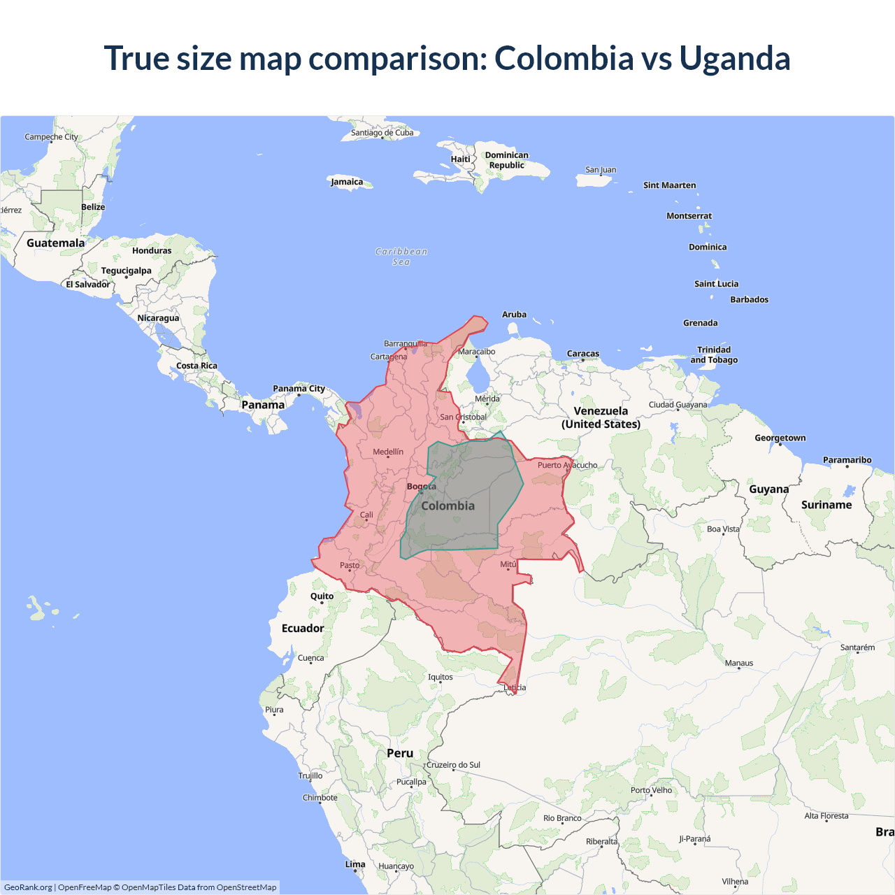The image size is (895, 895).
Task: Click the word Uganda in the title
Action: (734, 58)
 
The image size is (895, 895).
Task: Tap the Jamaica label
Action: (347, 182)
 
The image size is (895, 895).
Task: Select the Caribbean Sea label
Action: (401, 257)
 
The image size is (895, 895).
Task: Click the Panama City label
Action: (299, 389)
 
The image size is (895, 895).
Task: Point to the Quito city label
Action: (322, 596)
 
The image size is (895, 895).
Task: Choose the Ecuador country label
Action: (303, 628)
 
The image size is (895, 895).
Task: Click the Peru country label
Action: (400, 753)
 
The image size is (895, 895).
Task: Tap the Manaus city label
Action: (739, 663)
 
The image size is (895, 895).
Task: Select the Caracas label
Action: (583, 354)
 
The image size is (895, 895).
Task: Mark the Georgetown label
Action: (780, 438)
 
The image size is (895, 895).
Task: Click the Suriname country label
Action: (826, 505)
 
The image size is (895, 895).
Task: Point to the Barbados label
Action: (749, 299)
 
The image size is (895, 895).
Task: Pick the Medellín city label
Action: (388, 452)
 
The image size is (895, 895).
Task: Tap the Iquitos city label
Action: (441, 677)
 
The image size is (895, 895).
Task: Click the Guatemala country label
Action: (55, 243)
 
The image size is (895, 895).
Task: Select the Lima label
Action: (355, 864)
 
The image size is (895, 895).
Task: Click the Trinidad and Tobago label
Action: (714, 355)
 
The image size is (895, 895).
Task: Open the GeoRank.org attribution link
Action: (28, 887)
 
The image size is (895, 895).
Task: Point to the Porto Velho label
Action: (651, 790)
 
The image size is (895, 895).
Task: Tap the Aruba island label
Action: (514, 315)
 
